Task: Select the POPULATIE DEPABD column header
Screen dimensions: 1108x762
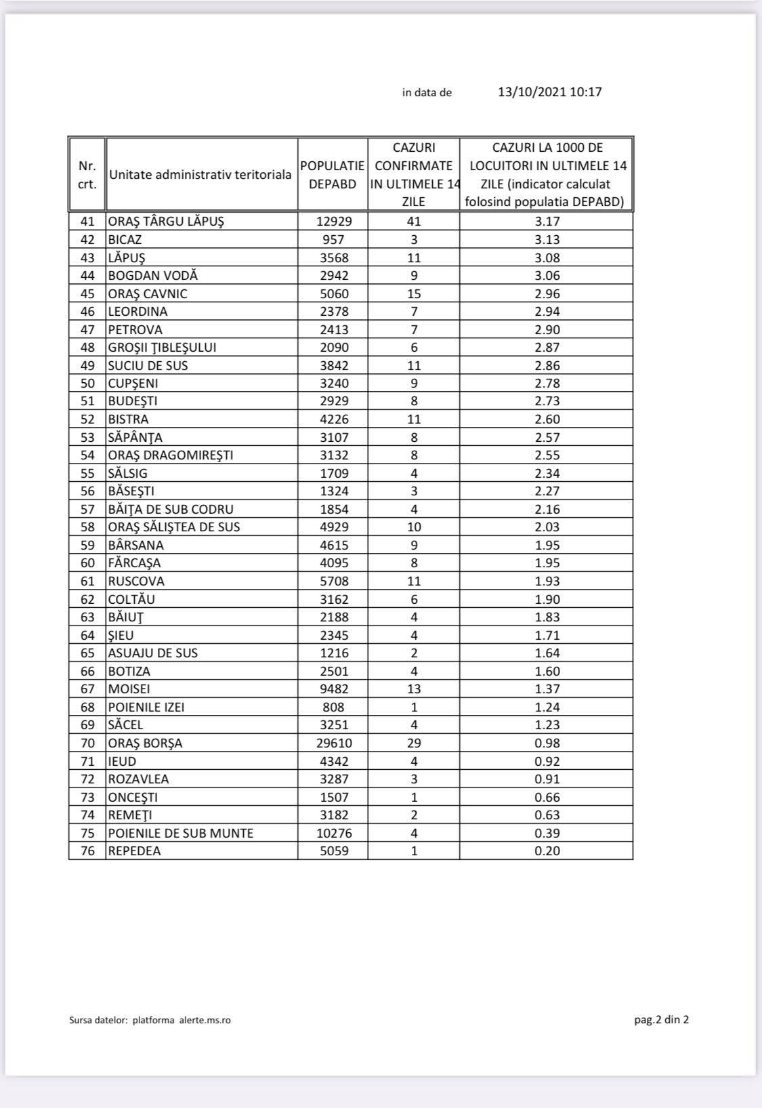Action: [333, 175]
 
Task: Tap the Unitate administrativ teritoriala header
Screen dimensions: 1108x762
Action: [200, 175]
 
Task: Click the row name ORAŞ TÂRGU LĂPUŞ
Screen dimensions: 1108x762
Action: [166, 222]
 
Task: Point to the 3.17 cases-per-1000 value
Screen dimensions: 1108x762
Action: [547, 222]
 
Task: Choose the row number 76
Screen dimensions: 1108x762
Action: [87, 851]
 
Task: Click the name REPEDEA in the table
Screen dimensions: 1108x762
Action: [135, 851]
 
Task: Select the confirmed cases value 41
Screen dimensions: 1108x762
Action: [414, 222]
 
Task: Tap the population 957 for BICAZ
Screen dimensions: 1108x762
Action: [333, 240]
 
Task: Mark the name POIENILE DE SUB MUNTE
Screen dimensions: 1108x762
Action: [181, 834]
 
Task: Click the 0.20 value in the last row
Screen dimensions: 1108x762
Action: [547, 851]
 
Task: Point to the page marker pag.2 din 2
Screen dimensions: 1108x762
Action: [661, 1020]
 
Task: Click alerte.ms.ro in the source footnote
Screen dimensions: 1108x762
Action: [205, 1021]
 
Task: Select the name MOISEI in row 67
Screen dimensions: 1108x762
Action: [129, 689]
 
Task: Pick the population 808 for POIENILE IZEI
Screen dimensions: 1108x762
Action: [333, 707]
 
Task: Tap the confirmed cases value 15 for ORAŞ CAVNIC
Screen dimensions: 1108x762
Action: [414, 294]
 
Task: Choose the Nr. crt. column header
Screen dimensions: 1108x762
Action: [87, 175]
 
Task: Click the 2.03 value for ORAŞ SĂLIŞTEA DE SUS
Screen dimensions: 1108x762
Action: [547, 527]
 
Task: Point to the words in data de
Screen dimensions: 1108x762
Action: [427, 93]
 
